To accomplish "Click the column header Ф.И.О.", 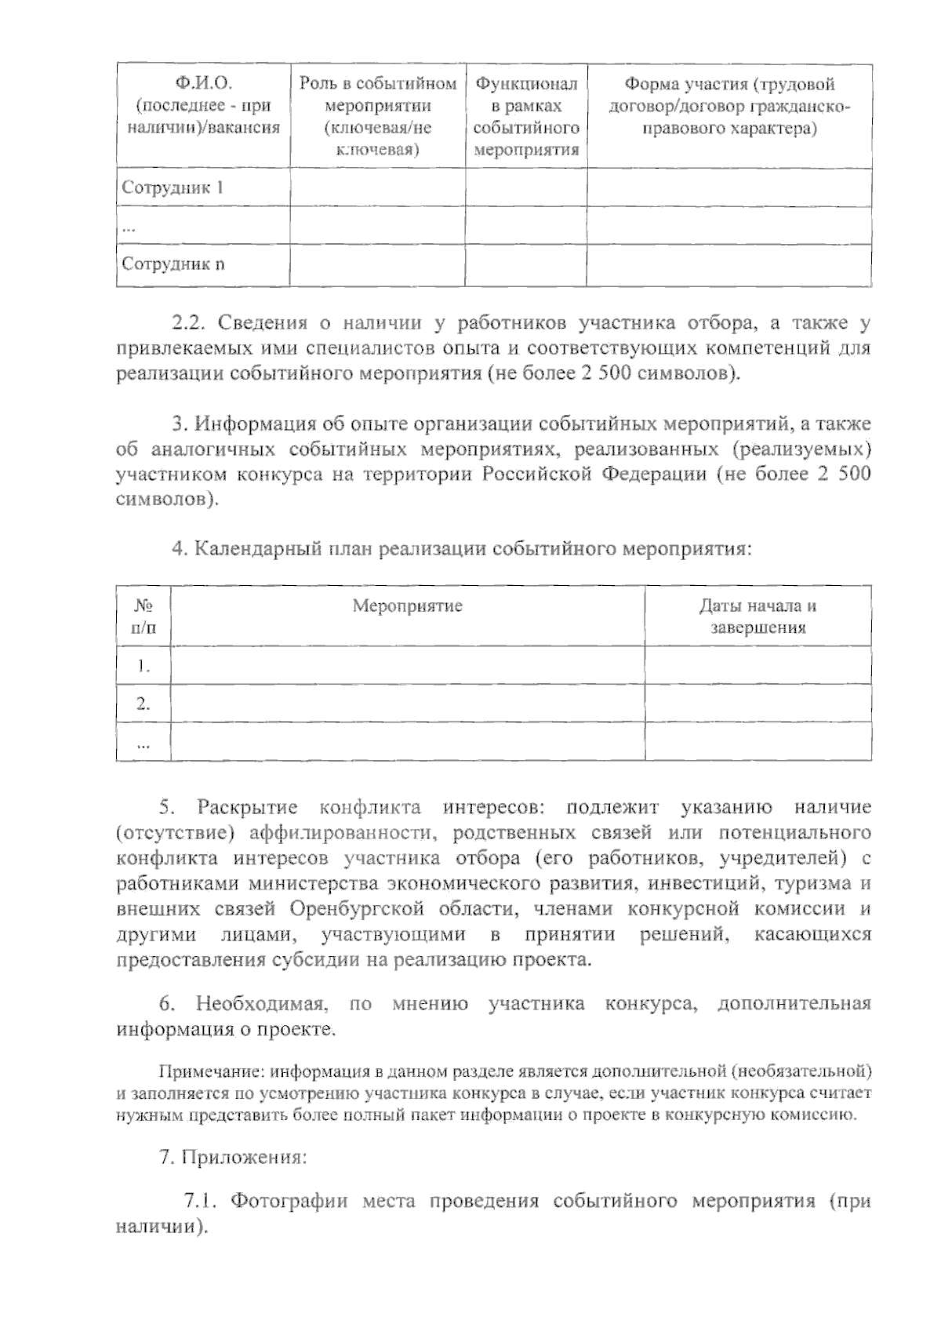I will [203, 84].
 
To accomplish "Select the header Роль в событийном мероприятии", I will [377, 116].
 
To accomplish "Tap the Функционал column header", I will [526, 84].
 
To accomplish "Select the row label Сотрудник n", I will [173, 264].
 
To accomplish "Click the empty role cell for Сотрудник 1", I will [377, 187].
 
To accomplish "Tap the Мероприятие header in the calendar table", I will [407, 605].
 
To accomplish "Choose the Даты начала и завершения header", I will [758, 616].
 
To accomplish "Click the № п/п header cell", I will [143, 616].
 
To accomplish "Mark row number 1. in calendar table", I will [143, 666].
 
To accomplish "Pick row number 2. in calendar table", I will [143, 704].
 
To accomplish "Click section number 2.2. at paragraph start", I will [188, 322].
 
